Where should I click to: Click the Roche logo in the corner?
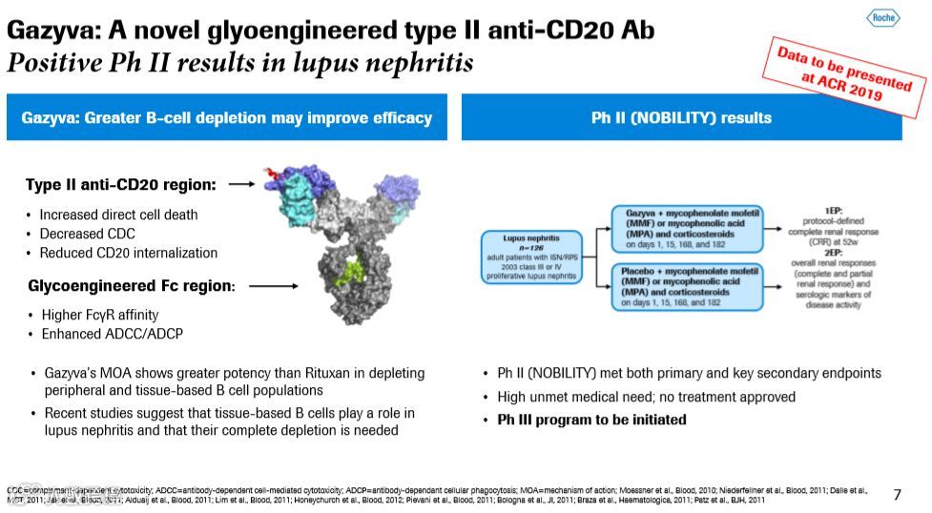tap(882, 18)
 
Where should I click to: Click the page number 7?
tap(897, 494)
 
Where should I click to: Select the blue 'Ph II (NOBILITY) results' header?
tap(681, 118)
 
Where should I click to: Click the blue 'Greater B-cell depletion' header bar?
tap(226, 118)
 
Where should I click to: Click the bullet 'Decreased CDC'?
tap(87, 234)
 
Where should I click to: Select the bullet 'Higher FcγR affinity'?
tap(99, 315)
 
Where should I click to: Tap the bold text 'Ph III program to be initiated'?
tap(591, 420)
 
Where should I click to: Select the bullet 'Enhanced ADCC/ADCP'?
tap(112, 334)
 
